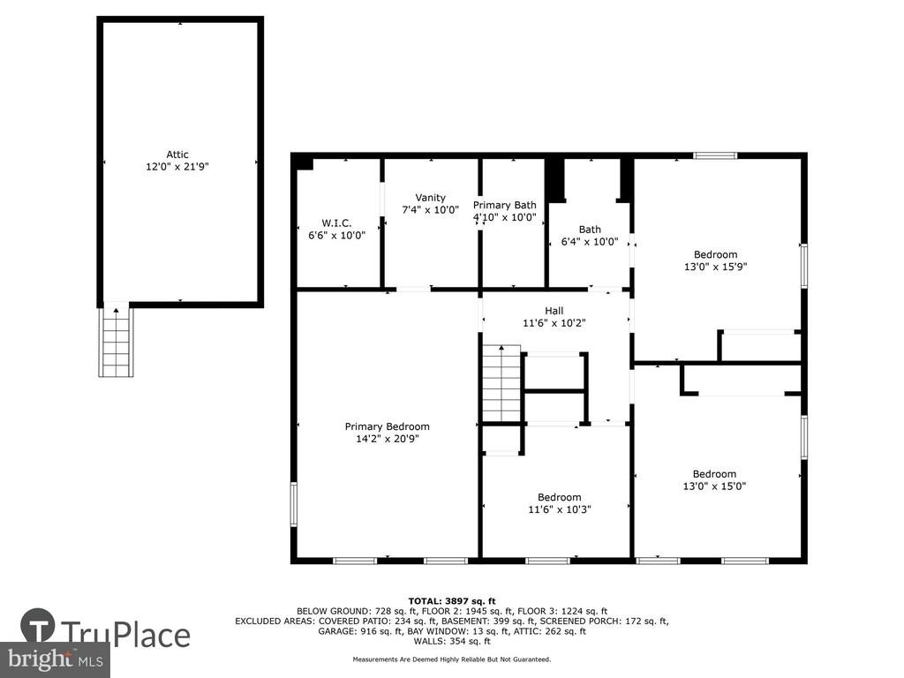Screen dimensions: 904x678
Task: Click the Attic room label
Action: point(177,154)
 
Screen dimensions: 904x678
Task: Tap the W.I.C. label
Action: point(336,223)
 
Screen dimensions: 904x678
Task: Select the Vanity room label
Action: point(430,198)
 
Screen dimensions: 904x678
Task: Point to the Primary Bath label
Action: point(504,205)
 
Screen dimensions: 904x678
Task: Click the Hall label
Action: point(554,311)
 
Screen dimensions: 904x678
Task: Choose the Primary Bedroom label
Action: point(387,426)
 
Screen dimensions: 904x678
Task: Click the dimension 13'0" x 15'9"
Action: point(715,267)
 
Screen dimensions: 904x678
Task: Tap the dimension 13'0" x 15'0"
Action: point(714,486)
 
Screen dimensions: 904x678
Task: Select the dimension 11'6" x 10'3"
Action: point(559,509)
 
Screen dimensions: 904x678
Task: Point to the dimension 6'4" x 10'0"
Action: point(590,242)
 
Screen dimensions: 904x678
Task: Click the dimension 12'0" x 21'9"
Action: point(177,167)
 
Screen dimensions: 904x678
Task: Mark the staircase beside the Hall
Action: point(501,383)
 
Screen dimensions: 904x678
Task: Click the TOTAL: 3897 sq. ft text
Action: point(452,601)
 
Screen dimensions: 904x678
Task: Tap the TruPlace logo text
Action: point(125,634)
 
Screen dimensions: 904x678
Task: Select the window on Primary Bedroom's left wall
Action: point(293,504)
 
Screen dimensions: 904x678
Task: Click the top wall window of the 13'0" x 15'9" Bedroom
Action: point(715,155)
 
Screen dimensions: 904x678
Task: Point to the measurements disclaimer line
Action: point(452,659)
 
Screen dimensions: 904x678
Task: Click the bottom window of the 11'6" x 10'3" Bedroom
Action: point(547,561)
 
